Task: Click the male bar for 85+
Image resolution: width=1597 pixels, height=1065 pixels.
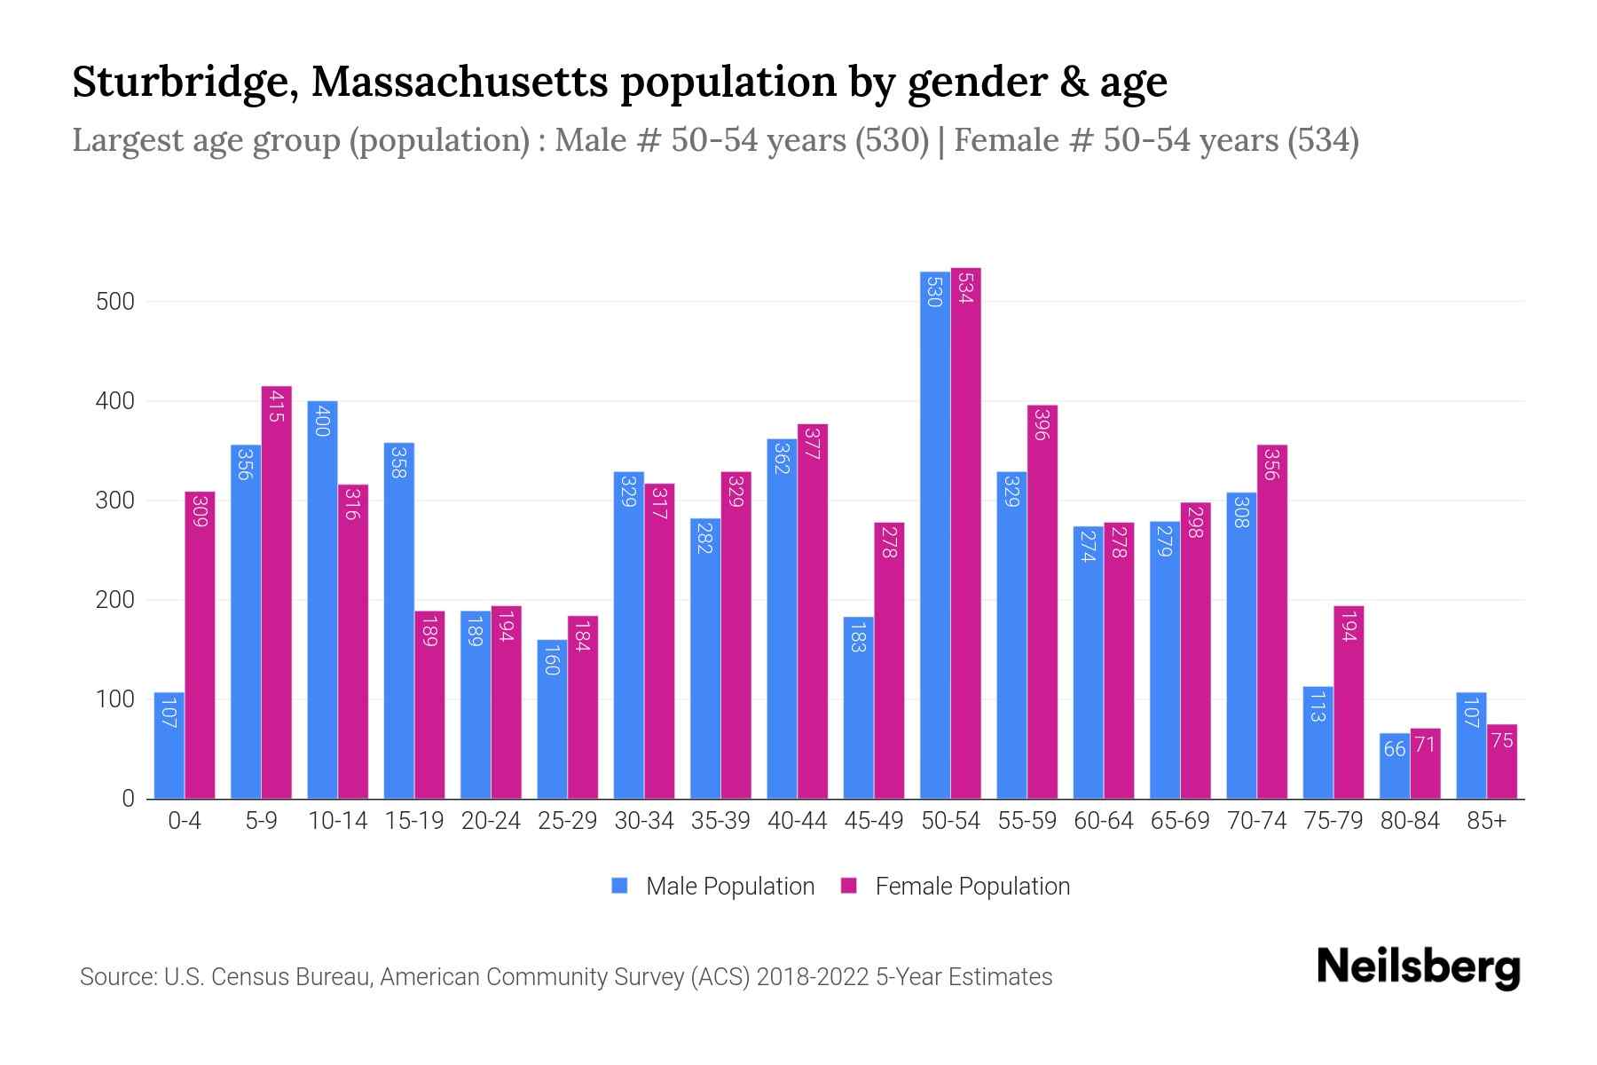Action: click(x=1470, y=745)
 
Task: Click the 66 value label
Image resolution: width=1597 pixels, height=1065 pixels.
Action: click(x=1394, y=750)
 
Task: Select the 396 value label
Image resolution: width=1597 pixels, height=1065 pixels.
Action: click(x=1042, y=424)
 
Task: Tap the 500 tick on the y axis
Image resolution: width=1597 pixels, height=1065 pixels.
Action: click(x=114, y=302)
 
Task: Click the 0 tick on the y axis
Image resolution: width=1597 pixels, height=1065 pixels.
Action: click(x=128, y=799)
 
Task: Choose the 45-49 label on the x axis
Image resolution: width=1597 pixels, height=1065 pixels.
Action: click(x=873, y=821)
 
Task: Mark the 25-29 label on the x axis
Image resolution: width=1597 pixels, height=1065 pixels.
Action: click(x=567, y=821)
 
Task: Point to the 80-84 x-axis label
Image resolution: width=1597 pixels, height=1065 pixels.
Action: click(x=1409, y=821)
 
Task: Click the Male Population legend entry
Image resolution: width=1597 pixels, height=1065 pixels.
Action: click(x=729, y=887)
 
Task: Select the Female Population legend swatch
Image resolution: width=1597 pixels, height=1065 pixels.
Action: click(x=849, y=886)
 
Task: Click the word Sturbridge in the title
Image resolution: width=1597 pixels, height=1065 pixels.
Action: click(x=184, y=82)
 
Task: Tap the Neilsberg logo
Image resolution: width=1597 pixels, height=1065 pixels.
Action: click(x=1418, y=967)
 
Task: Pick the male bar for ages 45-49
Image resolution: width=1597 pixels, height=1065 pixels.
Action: click(x=858, y=707)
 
